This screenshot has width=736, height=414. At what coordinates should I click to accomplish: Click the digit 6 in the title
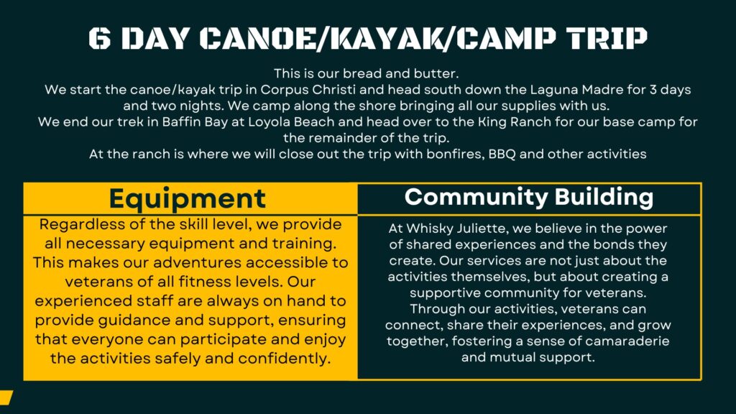[100, 39]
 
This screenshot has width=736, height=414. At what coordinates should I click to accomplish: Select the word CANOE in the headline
[257, 39]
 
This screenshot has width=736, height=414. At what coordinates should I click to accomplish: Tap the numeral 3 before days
[653, 90]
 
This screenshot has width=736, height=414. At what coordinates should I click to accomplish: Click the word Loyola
[268, 122]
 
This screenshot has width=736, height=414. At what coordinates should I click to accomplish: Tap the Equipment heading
[188, 198]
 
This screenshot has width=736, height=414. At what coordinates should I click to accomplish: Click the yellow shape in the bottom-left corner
[6, 397]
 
